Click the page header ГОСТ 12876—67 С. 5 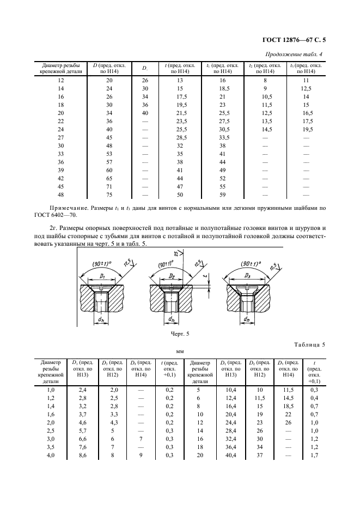[x=296, y=39]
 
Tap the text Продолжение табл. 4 [x=298, y=54]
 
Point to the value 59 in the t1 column [x=222, y=194]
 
